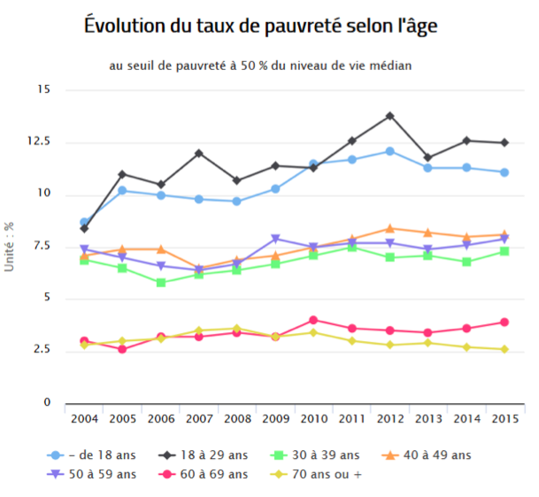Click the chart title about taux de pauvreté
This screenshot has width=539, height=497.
click(x=261, y=27)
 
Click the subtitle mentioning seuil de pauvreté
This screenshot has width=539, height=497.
click(x=261, y=65)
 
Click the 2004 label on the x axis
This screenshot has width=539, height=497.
click(x=84, y=418)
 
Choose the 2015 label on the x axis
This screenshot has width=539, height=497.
click(x=504, y=418)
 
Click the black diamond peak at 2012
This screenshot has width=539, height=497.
click(x=389, y=115)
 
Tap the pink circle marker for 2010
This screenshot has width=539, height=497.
click(x=313, y=320)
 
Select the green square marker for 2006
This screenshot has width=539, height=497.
click(x=160, y=283)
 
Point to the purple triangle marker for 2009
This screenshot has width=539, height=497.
click(x=275, y=238)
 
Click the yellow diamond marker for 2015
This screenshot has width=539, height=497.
click(x=504, y=349)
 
